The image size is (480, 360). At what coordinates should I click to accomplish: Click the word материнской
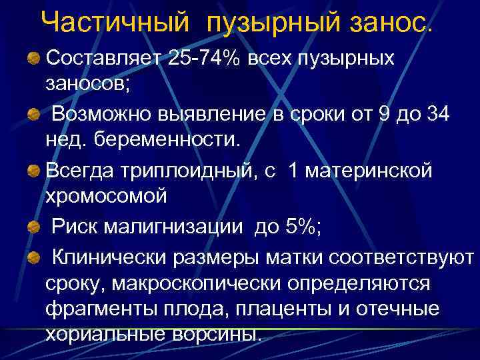pyautogui.click(x=370, y=171)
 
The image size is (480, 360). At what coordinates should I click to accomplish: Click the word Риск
pyautogui.click(x=75, y=227)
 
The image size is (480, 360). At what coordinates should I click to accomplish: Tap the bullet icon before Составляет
pyautogui.click(x=33, y=59)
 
